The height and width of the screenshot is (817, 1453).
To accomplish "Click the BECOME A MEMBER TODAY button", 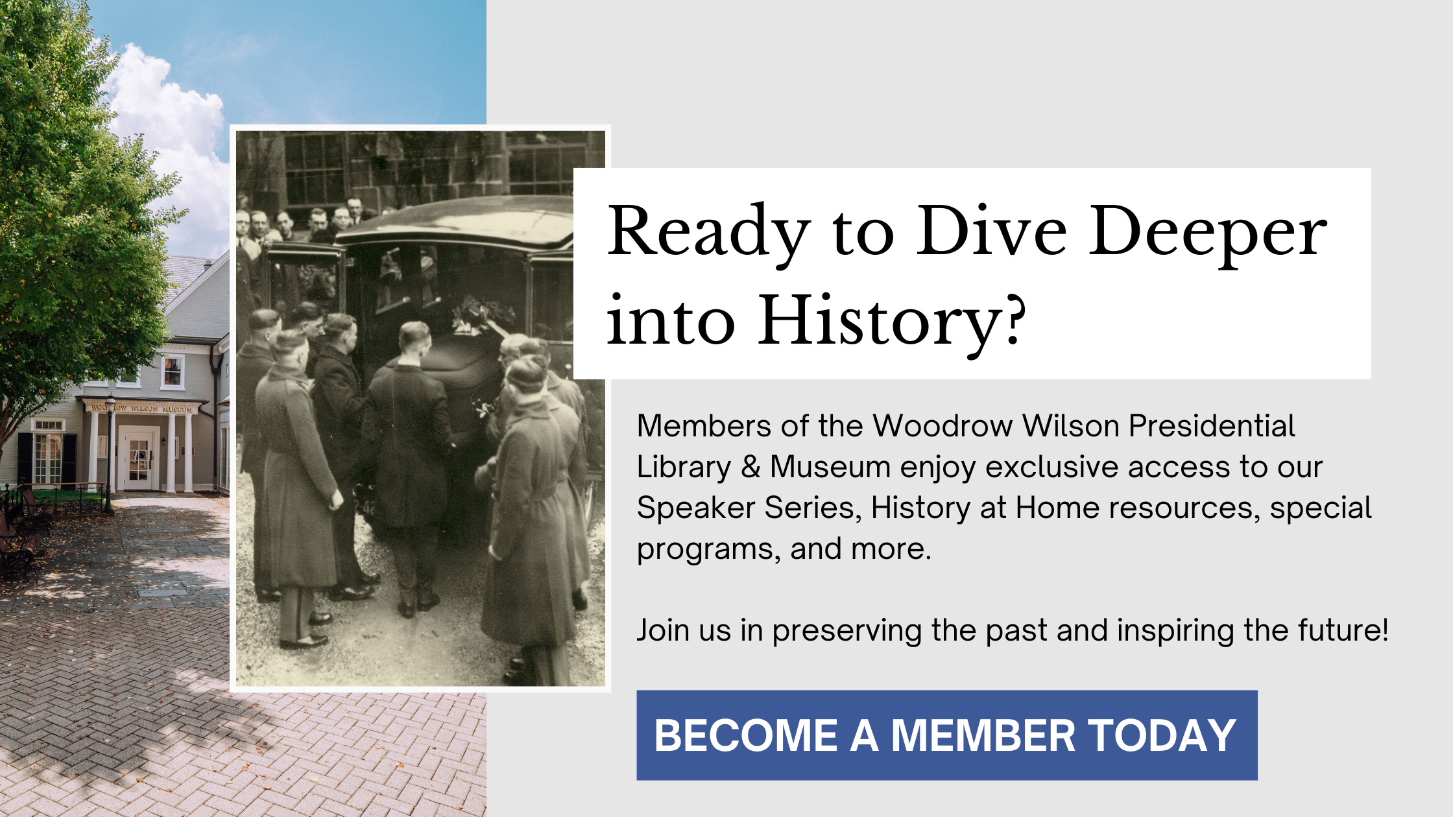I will (x=946, y=735).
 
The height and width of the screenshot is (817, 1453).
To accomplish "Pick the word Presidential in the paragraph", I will (x=1211, y=426).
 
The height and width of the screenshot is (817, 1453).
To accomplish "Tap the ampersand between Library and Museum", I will (x=750, y=467).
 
